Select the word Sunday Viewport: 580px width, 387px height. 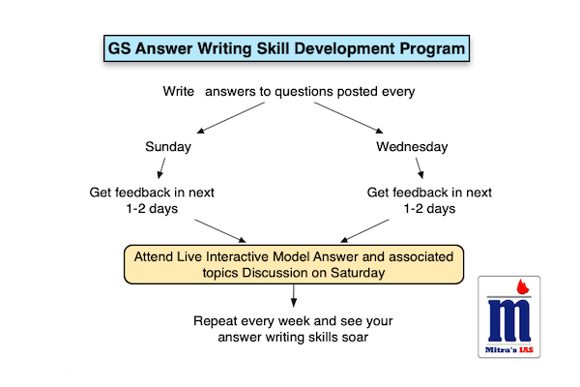pyautogui.click(x=169, y=147)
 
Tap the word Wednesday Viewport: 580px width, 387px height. pyautogui.click(x=412, y=147)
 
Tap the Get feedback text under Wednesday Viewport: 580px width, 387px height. pyautogui.click(x=427, y=200)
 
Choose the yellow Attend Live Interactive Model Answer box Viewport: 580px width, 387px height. pyautogui.click(x=293, y=263)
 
